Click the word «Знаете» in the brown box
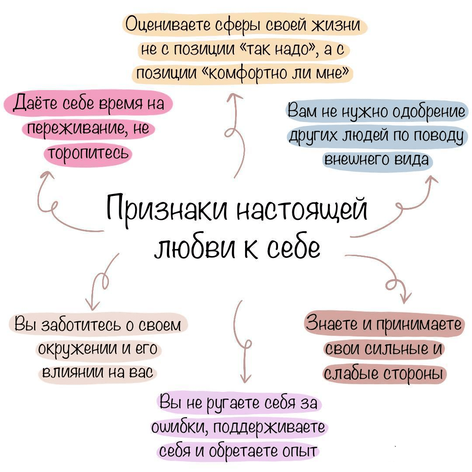click(x=332, y=324)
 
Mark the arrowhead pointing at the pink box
click(x=45, y=175)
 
